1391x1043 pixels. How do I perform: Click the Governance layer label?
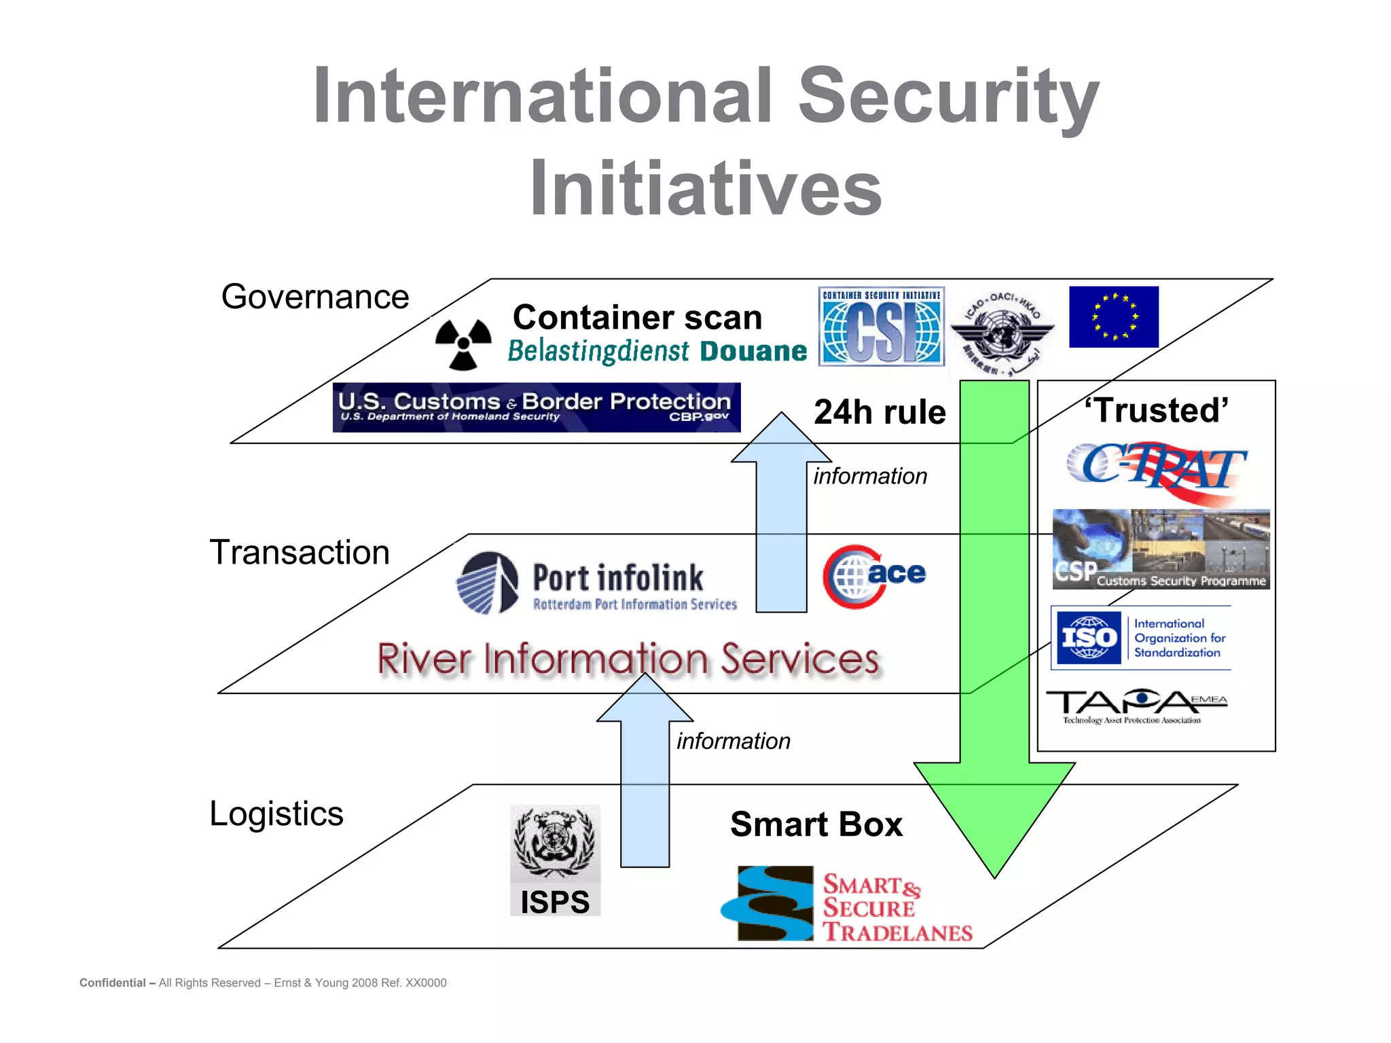coord(315,297)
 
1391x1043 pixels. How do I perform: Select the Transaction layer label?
coord(300,552)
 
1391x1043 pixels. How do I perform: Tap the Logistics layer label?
coord(276,813)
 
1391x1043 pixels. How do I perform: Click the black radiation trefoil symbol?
coord(463,343)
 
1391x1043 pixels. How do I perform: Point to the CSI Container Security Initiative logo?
coord(881,327)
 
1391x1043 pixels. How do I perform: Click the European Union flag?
coord(1113,317)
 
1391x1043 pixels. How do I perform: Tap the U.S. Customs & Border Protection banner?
coord(536,407)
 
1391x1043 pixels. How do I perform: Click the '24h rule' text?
coord(880,412)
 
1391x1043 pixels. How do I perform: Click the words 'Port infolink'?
coord(617,578)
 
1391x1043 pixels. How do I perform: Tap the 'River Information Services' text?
coord(628,659)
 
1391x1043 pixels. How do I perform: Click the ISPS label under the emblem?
coord(555,902)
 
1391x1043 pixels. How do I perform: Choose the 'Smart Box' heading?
coord(816,824)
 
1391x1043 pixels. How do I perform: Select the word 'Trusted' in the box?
coord(1156,410)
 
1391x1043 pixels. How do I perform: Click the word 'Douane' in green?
coord(753,351)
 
